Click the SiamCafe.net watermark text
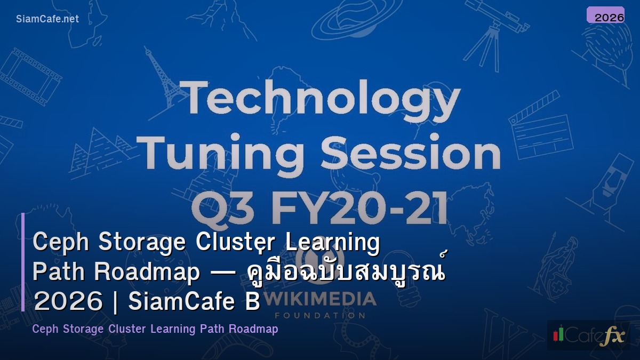coord(47,19)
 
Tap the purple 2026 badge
coord(605,15)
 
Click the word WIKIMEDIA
coord(319,299)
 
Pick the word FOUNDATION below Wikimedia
coord(319,315)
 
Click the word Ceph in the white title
coord(60,243)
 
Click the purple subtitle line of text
coord(155,329)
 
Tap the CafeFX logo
coord(588,335)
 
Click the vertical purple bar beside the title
coord(23,262)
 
